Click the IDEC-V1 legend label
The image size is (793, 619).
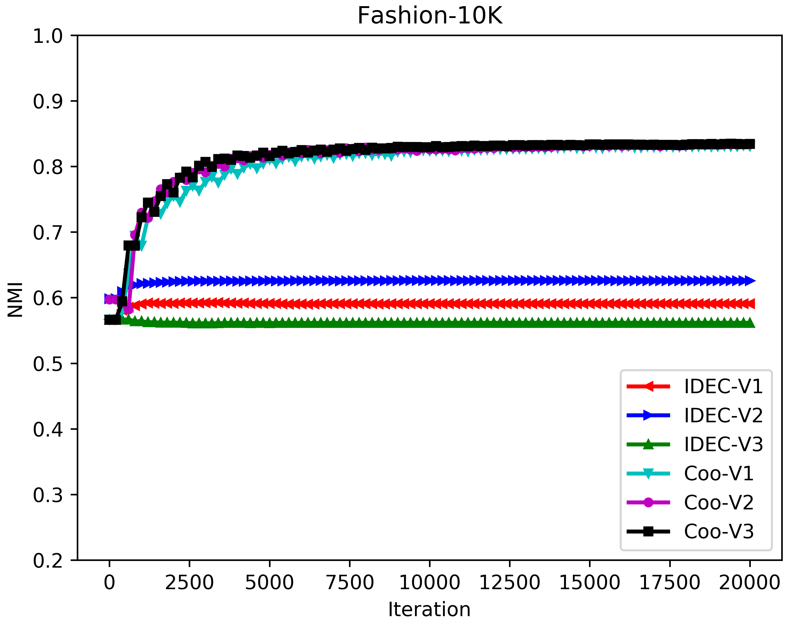723,386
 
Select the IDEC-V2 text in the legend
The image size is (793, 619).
723,415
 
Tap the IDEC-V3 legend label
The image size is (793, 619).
723,444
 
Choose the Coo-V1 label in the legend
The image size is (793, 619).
719,473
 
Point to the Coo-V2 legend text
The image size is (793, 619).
719,503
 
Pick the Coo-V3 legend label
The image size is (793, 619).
719,531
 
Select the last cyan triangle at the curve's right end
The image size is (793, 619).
749,150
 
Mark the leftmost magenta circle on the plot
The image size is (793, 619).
109,299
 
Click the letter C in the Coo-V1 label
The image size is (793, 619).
690,473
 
